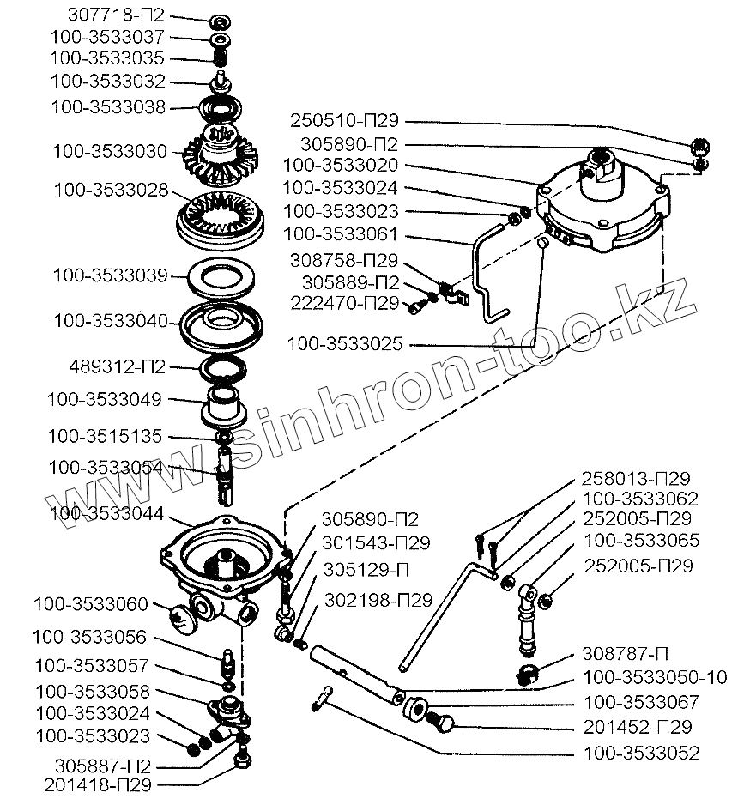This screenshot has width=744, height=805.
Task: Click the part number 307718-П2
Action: pos(116,16)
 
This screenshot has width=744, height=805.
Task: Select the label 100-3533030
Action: pos(110,151)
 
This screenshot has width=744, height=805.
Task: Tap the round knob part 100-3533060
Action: pos(180,615)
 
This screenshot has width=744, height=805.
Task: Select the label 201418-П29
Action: pos(100,784)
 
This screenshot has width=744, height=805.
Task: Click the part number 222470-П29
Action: pos(345,302)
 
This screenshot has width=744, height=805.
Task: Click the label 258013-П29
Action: pos(637,478)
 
